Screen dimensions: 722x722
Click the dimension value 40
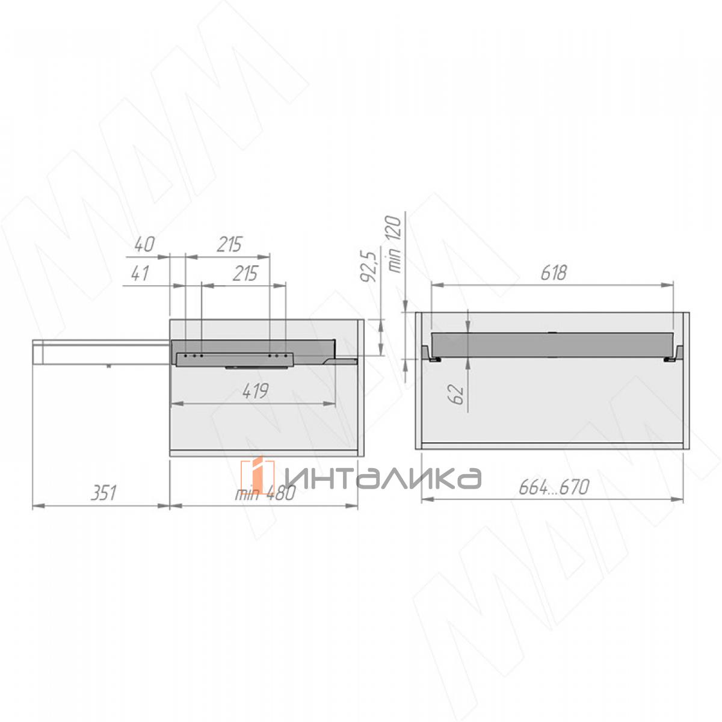point(144,245)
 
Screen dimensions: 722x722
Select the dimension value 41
point(140,273)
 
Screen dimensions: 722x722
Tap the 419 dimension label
point(256,392)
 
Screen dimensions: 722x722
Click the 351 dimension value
point(103,493)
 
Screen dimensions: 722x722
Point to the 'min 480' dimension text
point(265,493)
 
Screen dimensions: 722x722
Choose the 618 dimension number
point(554,273)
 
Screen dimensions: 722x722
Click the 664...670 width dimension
point(554,487)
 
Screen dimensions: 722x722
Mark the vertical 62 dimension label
point(456,394)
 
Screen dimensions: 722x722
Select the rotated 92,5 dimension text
point(368,267)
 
